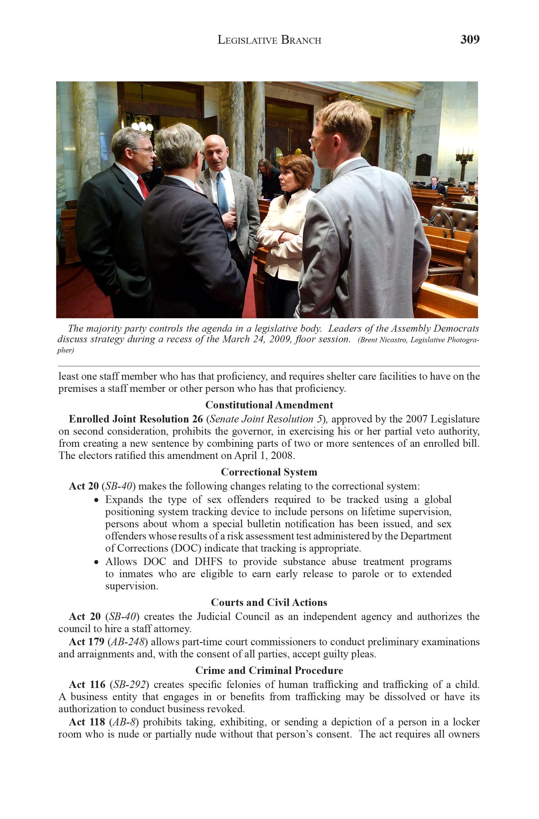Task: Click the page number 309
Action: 470,40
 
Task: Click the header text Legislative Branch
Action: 269,41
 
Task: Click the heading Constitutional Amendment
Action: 269,405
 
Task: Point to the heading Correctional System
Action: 269,472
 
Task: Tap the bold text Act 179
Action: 87,642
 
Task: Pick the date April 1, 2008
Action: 264,455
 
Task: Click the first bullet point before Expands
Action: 97,500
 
